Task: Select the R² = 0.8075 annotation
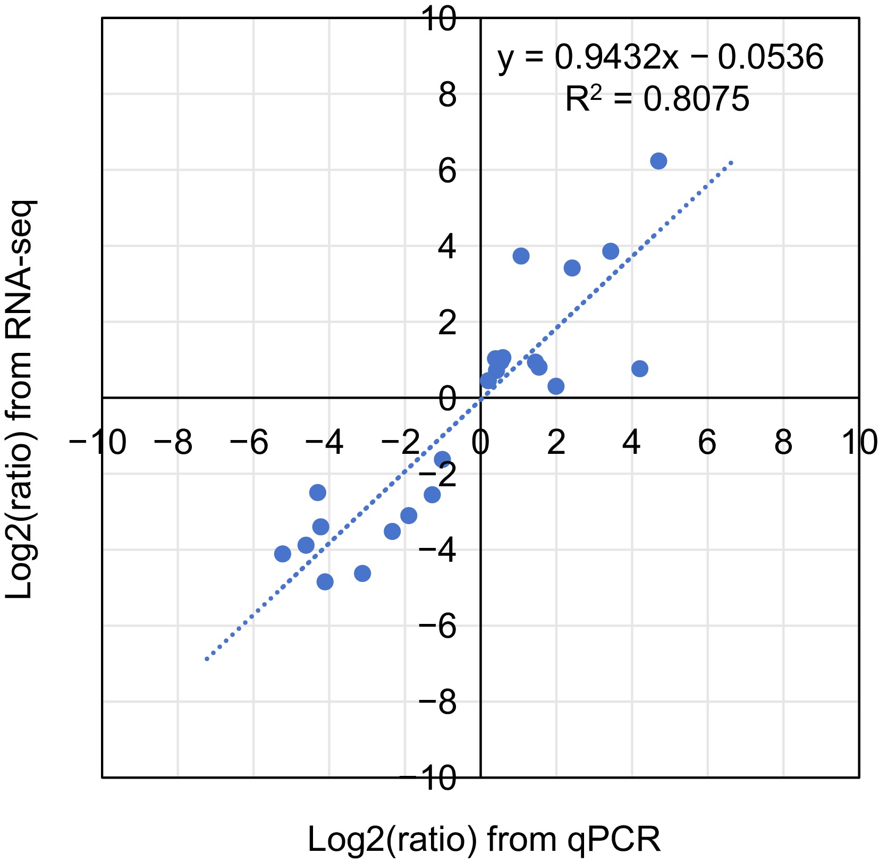pyautogui.click(x=657, y=99)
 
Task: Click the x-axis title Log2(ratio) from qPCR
pyautogui.click(x=484, y=840)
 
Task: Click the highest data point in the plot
pyautogui.click(x=658, y=161)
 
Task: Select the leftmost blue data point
pyautogui.click(x=283, y=554)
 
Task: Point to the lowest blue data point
pyautogui.click(x=325, y=582)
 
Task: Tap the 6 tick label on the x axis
pyautogui.click(x=707, y=443)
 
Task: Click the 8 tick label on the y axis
pyautogui.click(x=447, y=96)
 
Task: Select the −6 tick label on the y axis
pyautogui.click(x=438, y=627)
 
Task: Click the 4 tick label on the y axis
pyautogui.click(x=447, y=248)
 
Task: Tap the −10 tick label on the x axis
pyautogui.click(x=98, y=443)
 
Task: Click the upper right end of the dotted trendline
pyautogui.click(x=732, y=162)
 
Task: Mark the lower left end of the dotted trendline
pyautogui.click(x=206, y=660)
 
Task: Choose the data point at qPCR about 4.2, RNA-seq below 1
pyautogui.click(x=640, y=369)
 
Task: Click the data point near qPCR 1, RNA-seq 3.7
pyautogui.click(x=521, y=256)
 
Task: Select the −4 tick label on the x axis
pyautogui.click(x=326, y=443)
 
